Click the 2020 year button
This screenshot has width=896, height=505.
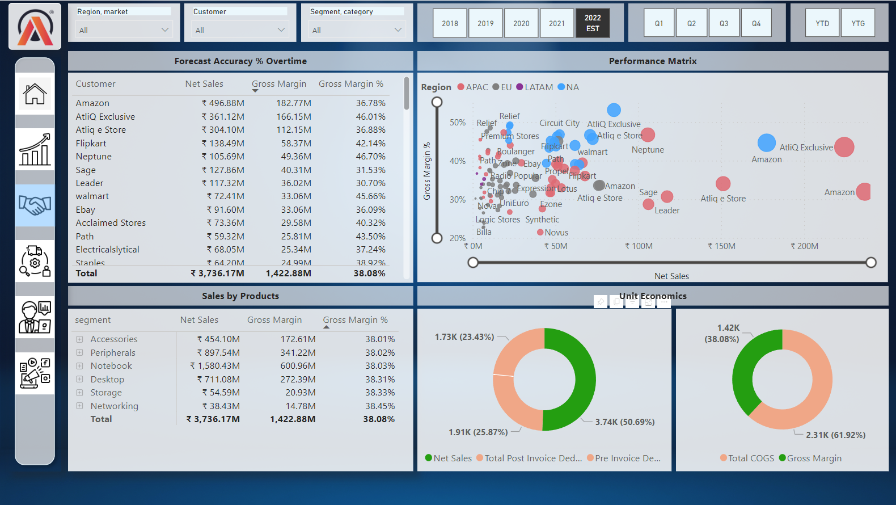(521, 23)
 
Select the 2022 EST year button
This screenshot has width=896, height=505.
(593, 23)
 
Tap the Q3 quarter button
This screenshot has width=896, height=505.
(724, 23)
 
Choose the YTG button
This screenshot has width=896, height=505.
(857, 23)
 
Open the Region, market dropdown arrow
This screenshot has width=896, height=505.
(165, 30)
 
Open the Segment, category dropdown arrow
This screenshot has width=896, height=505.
(398, 30)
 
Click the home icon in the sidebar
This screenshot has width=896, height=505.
(35, 94)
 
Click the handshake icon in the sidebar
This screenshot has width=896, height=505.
(35, 205)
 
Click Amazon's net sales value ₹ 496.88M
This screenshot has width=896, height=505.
(223, 103)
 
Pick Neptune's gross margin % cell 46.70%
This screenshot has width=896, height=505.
(370, 157)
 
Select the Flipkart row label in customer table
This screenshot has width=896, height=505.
(91, 144)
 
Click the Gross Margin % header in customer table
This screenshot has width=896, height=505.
(350, 84)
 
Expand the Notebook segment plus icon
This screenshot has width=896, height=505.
(79, 366)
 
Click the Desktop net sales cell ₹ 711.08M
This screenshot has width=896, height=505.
(218, 380)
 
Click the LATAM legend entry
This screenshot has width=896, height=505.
(534, 87)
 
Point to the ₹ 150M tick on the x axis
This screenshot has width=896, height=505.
(721, 246)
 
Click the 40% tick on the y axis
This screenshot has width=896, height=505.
(457, 161)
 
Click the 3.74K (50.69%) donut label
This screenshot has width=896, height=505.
(624, 422)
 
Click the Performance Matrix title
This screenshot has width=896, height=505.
(652, 61)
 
